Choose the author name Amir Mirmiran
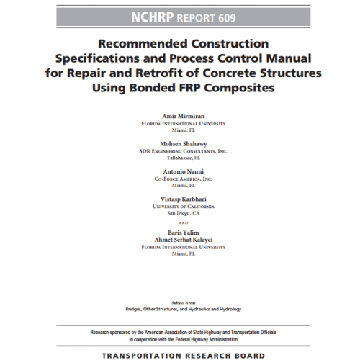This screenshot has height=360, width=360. coord(181,115)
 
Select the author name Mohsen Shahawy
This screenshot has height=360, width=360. coord(181,144)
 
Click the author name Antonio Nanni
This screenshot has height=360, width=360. coord(181,173)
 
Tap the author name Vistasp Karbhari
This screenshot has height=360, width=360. coord(181,199)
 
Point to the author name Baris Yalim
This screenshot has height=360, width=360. coord(181,232)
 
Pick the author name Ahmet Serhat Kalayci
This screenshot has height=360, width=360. coord(181,239)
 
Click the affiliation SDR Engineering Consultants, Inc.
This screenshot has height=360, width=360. coord(181,152)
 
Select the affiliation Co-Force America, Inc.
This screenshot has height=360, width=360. coord(181,179)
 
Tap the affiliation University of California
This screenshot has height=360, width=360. coord(181,207)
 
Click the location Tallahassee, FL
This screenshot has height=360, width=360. coord(181,158)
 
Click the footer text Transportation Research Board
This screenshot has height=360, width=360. coord(181,355)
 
